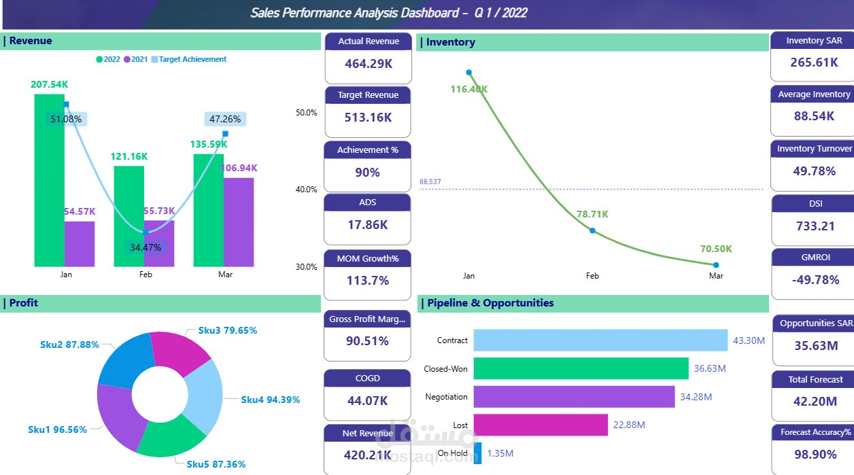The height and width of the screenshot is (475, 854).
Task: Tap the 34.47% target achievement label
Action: click(x=146, y=247)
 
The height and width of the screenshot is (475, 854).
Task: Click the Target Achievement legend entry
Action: click(x=192, y=60)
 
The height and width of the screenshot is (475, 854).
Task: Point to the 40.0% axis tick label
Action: click(x=307, y=190)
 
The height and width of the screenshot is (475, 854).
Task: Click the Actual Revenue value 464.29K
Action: click(x=368, y=64)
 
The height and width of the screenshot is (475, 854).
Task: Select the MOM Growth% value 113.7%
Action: click(x=368, y=281)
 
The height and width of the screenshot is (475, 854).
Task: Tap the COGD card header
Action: click(x=368, y=379)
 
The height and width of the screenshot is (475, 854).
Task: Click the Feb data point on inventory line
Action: click(x=592, y=231)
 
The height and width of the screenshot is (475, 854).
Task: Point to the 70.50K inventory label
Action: click(x=715, y=249)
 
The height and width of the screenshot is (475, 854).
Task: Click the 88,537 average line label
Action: click(x=430, y=182)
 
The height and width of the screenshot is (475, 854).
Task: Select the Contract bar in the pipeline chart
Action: click(x=600, y=340)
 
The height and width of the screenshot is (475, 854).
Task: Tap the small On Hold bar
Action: click(x=478, y=453)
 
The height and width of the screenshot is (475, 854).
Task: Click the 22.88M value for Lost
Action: click(x=629, y=425)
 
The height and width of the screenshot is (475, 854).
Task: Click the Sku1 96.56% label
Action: click(x=57, y=430)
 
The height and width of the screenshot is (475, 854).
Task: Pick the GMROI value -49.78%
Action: click(x=815, y=280)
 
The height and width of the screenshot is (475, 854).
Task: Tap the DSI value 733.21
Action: click(x=815, y=226)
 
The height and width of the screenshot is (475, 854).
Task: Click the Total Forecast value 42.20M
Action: click(x=815, y=402)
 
